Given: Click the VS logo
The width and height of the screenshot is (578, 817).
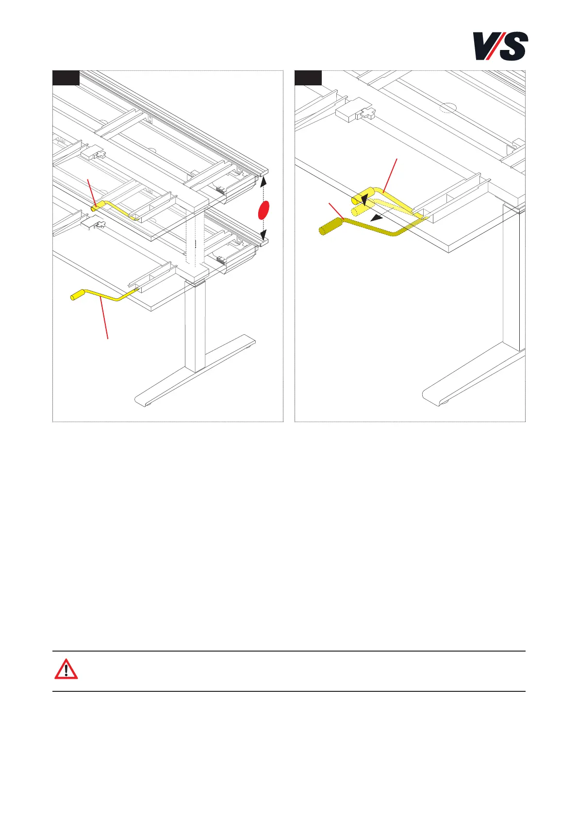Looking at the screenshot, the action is (500, 46).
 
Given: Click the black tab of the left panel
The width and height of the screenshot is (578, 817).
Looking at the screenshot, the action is (66, 78).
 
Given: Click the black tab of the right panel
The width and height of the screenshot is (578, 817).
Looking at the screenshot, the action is (308, 78).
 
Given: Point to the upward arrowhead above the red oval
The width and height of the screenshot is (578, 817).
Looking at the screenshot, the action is (264, 181).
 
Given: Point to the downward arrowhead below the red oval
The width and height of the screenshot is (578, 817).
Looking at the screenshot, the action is (264, 236).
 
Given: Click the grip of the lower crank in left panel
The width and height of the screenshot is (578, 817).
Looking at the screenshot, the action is (78, 295).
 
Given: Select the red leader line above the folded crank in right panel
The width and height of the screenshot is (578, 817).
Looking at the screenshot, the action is (391, 175).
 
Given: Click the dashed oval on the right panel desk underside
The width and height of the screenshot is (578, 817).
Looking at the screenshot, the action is (448, 107).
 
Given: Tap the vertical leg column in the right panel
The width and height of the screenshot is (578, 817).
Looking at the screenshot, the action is (512, 277).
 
